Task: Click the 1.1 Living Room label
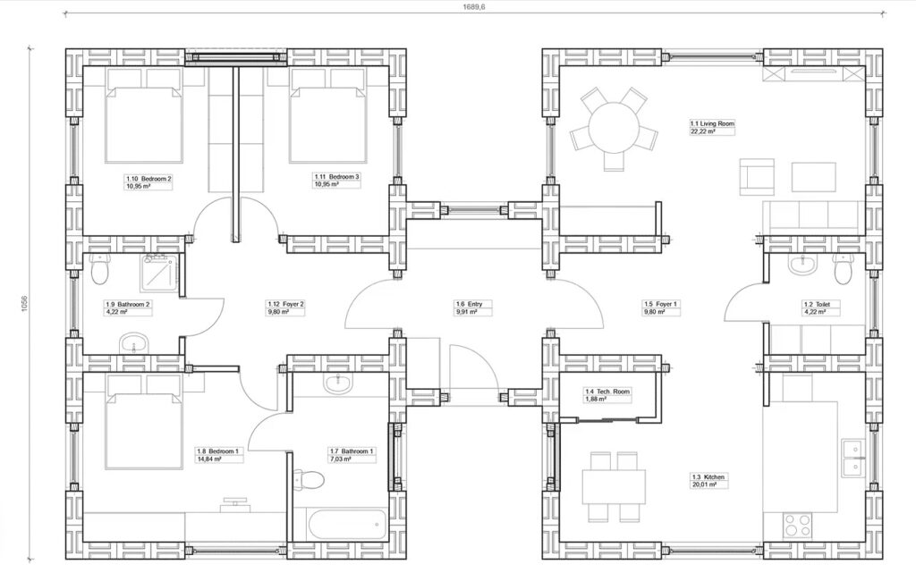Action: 711,123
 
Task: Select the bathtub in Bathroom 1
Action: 339,524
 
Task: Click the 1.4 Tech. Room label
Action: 607,392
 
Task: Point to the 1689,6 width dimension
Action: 474,7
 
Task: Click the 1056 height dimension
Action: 24,303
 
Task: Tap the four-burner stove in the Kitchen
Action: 797,524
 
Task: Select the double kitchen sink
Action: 852,458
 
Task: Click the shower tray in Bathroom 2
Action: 159,272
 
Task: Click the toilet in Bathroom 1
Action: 309,480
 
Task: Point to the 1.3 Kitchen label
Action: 708,476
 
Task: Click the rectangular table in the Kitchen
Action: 614,487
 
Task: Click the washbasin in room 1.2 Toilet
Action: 805,265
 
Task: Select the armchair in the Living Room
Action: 757,175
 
